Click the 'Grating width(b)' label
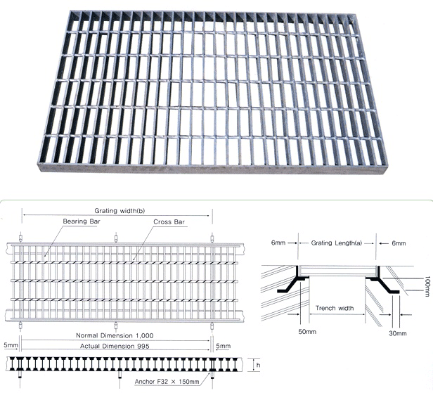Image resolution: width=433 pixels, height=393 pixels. [119, 211]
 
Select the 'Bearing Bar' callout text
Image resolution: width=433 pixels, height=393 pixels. [82, 221]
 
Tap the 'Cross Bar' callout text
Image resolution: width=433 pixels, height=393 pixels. [169, 221]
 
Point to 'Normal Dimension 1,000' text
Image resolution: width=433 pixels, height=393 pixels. [115, 335]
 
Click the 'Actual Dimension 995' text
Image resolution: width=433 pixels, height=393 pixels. [115, 346]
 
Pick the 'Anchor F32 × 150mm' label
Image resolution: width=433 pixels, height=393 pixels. [167, 382]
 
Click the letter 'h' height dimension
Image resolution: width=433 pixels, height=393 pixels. [258, 365]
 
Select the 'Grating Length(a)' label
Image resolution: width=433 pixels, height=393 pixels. [336, 243]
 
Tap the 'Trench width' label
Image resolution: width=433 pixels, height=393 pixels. [335, 308]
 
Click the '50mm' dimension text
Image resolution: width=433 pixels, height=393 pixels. [307, 332]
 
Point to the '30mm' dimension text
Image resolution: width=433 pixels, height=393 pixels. [398, 333]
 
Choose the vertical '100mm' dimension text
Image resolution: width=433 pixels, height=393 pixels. [427, 286]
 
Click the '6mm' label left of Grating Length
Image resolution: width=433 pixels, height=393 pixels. [278, 243]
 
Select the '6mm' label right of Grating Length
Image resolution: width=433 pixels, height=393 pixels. [399, 243]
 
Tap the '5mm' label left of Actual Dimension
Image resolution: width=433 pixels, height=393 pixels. [11, 345]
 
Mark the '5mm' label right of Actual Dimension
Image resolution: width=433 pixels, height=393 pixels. [223, 346]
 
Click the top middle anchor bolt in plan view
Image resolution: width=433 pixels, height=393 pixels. [116, 238]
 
